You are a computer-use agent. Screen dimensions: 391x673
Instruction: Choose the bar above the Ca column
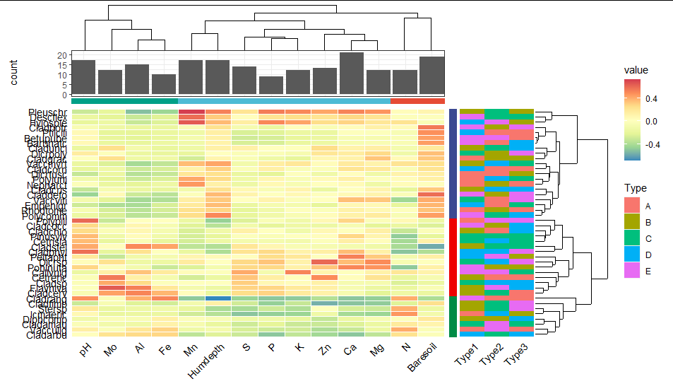[x=351, y=74]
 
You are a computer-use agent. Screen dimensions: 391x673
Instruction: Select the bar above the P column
[x=271, y=86]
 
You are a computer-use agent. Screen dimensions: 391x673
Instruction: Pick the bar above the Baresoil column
[x=431, y=76]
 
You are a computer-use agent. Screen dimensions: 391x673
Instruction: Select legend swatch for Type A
[x=633, y=206]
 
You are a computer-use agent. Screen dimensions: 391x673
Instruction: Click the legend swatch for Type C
[x=633, y=237]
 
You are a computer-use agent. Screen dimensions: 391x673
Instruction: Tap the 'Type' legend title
[x=635, y=188]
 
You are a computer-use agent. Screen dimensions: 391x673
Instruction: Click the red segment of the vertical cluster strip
[x=453, y=257]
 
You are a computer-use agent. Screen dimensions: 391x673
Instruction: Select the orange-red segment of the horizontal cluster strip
[x=417, y=101]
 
